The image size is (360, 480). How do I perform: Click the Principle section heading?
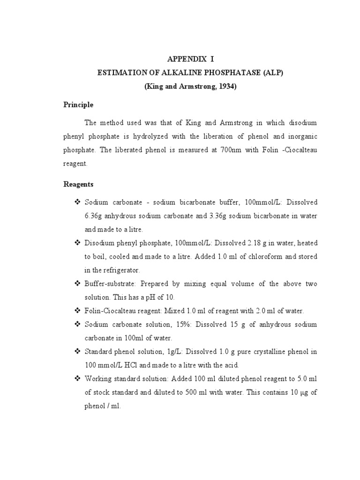(x=78, y=105)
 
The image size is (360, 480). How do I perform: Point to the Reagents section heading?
(x=79, y=184)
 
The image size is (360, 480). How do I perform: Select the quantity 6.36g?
(x=93, y=216)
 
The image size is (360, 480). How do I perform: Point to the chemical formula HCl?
(x=127, y=366)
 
